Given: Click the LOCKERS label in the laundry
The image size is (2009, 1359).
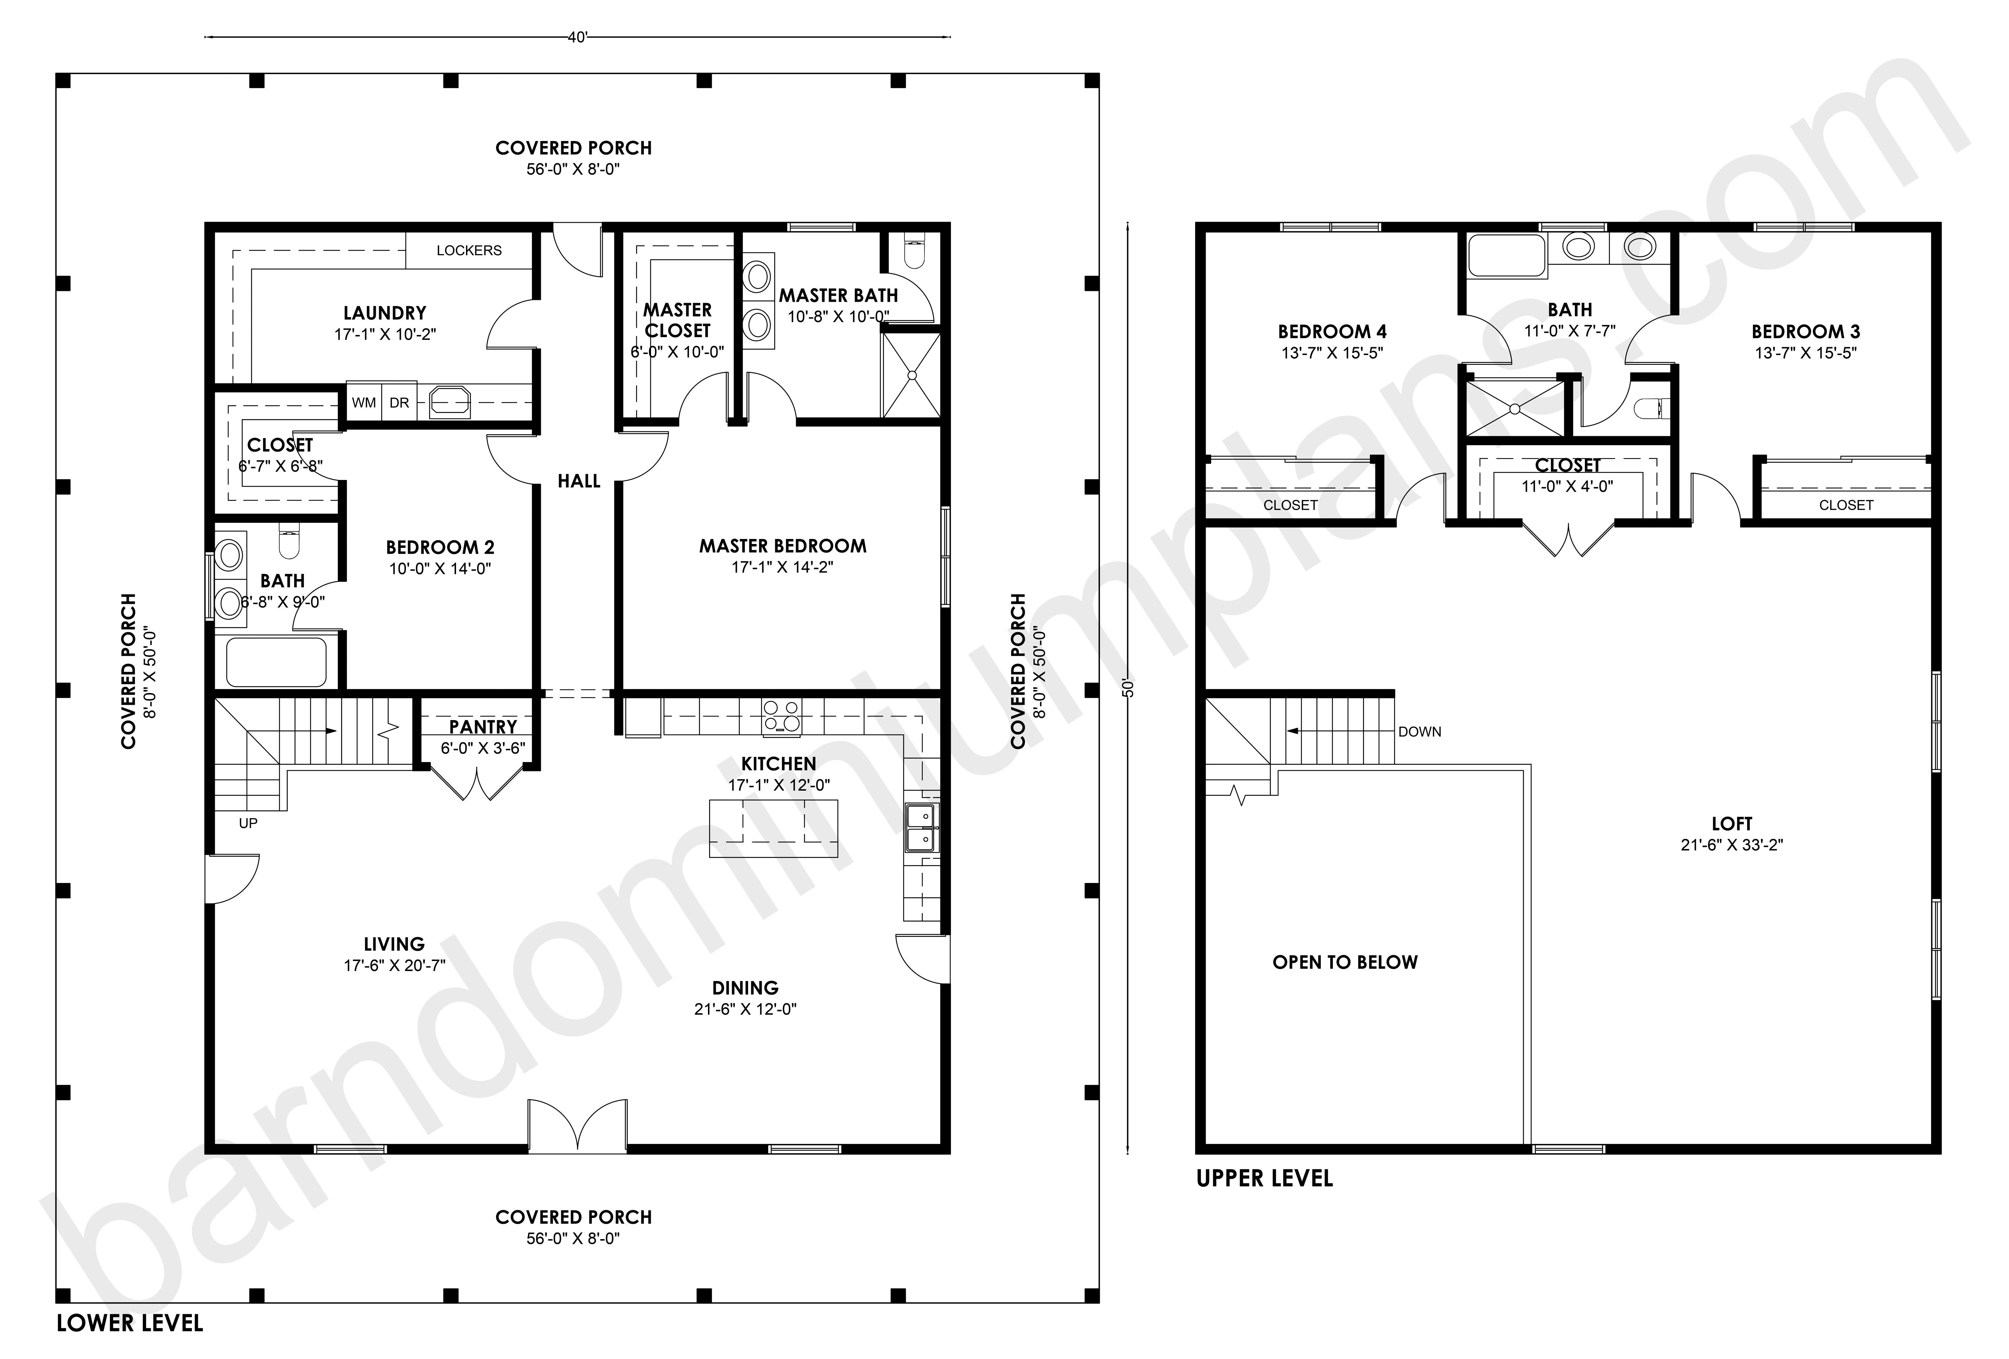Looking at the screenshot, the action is tap(469, 251).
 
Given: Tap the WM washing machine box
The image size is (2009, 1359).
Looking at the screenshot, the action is tap(364, 403).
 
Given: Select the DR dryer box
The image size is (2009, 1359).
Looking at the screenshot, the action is tap(399, 403).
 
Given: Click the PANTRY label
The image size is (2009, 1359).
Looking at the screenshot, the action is tap(482, 727).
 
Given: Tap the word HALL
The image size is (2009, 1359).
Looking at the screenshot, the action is tap(578, 481).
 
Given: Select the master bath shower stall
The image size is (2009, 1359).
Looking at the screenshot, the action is tap(910, 374).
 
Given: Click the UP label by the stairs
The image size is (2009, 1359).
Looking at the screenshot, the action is tap(248, 823).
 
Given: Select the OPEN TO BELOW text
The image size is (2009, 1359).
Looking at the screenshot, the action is tap(1345, 962).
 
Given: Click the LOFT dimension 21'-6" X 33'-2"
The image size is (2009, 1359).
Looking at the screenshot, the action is tap(1732, 845).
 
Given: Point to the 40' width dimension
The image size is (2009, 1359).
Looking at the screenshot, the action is tap(577, 37).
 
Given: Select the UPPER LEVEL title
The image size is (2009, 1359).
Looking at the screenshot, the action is tap(1265, 1178).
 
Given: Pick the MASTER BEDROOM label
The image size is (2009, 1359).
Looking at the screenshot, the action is tap(782, 547).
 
